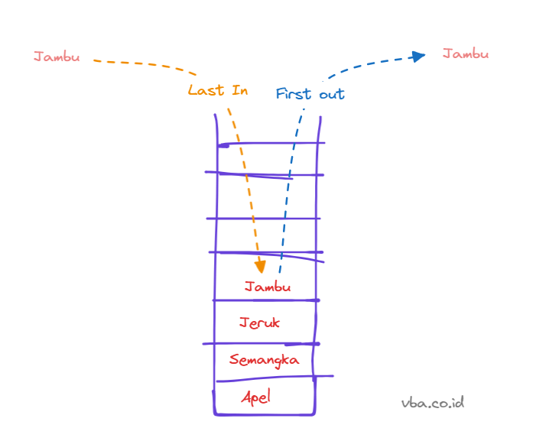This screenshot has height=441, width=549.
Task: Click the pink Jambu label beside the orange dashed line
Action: click(57, 57)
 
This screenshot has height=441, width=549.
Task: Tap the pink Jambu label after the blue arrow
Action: click(465, 54)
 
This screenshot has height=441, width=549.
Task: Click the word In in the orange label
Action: click(239, 90)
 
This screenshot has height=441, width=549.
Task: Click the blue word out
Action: click(331, 95)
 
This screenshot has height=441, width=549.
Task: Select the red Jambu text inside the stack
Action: click(268, 287)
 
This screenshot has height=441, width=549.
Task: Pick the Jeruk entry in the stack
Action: click(259, 323)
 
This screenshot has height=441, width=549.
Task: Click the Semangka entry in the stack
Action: click(264, 359)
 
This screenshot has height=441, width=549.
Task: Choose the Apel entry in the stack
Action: click(256, 397)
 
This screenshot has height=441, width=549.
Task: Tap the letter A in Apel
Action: click(246, 397)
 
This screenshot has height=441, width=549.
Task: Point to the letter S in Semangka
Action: click(234, 359)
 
